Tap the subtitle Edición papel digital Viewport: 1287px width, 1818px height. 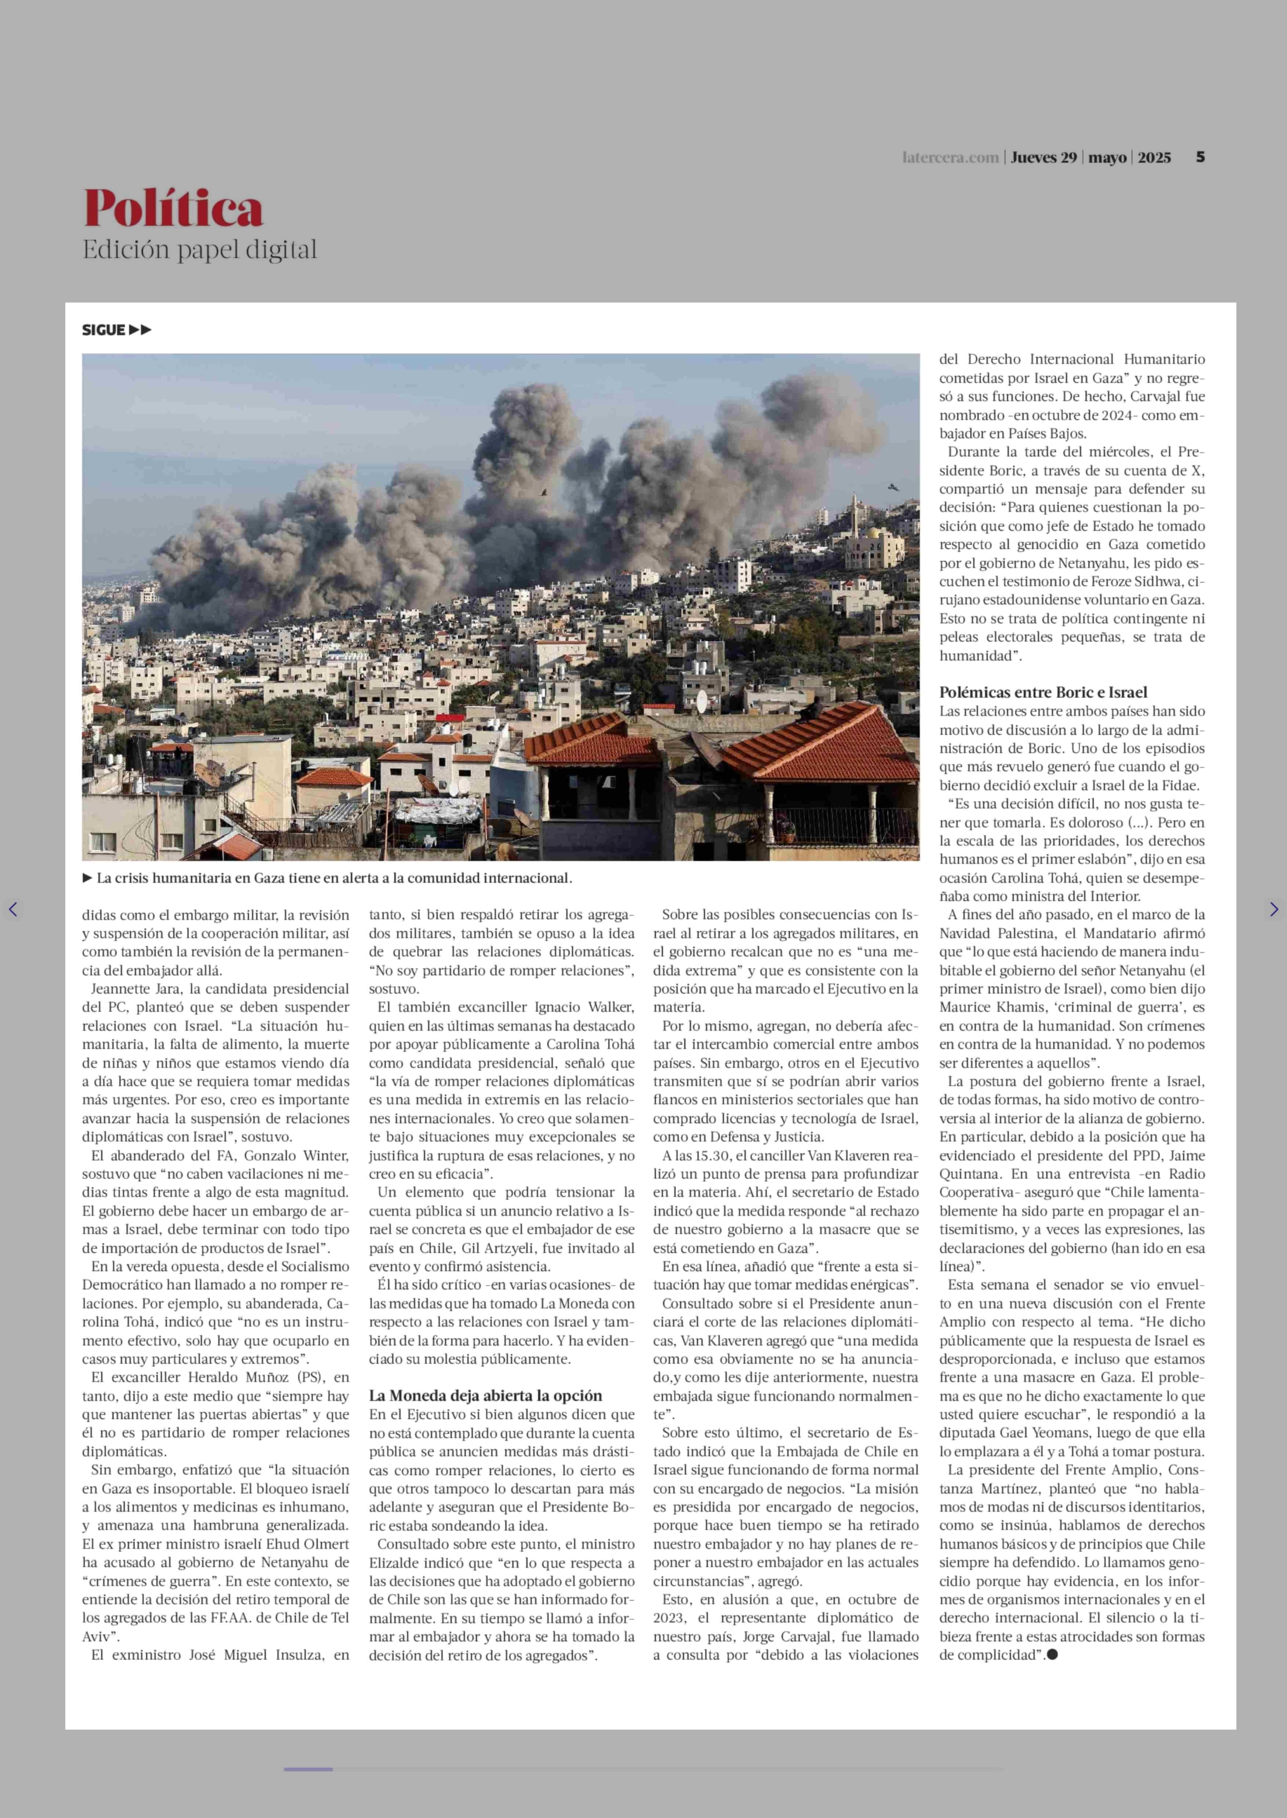click(200, 250)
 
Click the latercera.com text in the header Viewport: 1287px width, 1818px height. click(950, 158)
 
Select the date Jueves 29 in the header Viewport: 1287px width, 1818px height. click(1044, 158)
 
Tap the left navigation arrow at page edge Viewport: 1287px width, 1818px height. click(13, 909)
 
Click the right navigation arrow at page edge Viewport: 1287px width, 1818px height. click(1273, 909)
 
